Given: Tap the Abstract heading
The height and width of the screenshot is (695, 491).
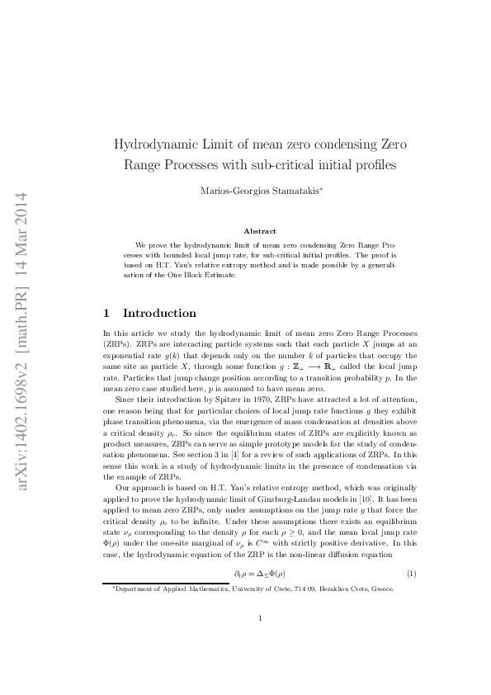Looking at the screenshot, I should point(260,231).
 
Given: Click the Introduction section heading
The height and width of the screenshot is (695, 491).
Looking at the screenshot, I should point(159,314).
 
